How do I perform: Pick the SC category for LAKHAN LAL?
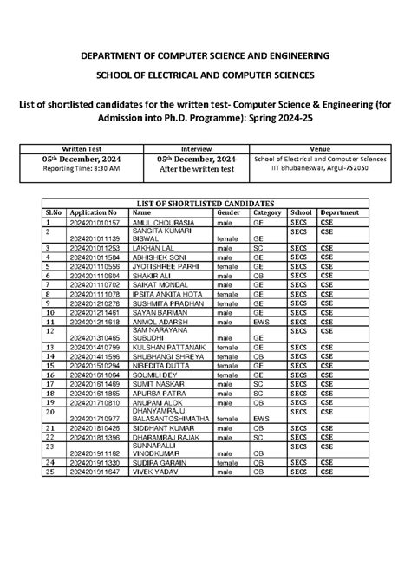coord(258,248)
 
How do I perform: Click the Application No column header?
coord(94,212)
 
